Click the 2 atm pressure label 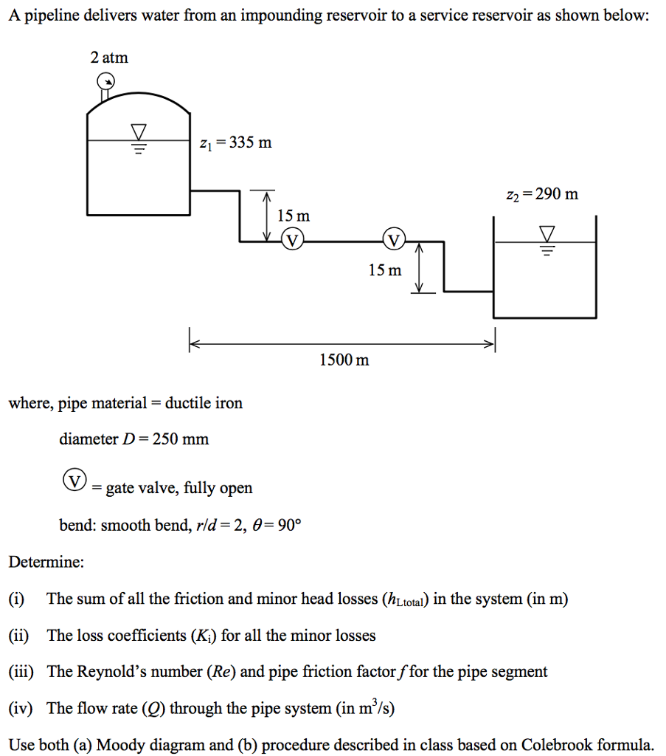[109, 58]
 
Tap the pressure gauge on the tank [107, 82]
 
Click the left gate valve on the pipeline [293, 240]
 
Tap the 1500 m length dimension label [344, 360]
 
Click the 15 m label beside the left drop [293, 216]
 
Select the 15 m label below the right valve [385, 270]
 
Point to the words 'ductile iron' [204, 403]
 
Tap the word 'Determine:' [46, 562]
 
